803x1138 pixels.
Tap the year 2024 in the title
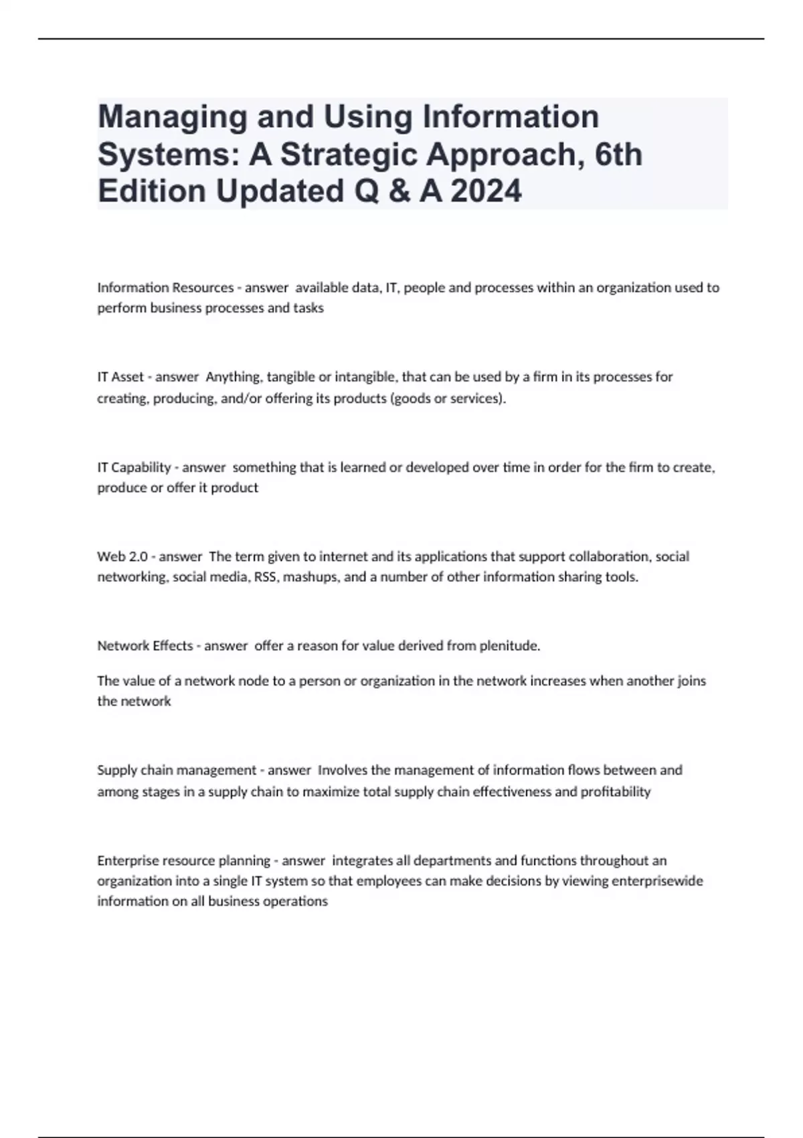(486, 191)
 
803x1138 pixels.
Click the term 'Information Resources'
(165, 288)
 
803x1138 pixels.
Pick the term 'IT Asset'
(120, 377)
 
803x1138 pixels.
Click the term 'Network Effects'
(145, 646)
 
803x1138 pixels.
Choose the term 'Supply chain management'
(177, 770)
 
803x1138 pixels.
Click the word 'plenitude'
(511, 646)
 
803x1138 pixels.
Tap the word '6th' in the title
(618, 155)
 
